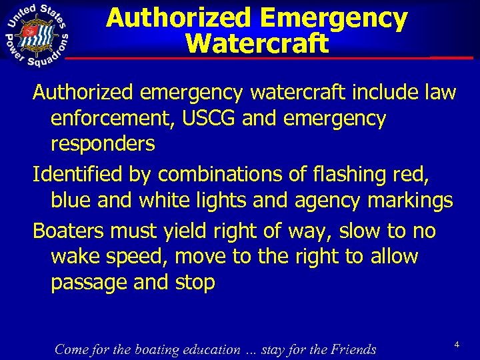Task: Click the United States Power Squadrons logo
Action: point(39,35)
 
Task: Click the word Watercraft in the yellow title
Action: point(257,43)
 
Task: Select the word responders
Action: point(103,143)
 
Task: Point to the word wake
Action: point(73,257)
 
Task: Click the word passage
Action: point(89,282)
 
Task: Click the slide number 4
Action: point(457,344)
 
